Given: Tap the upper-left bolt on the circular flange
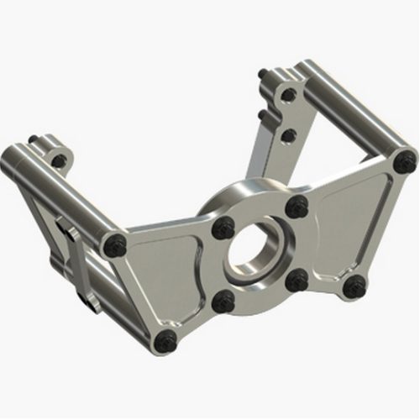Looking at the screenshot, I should tap(223, 228).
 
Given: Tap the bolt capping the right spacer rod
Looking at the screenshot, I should tap(406, 160).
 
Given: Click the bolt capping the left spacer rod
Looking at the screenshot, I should tap(115, 245).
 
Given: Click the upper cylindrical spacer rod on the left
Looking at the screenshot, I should tap(59, 189).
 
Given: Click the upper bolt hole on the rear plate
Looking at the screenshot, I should tap(289, 95).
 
